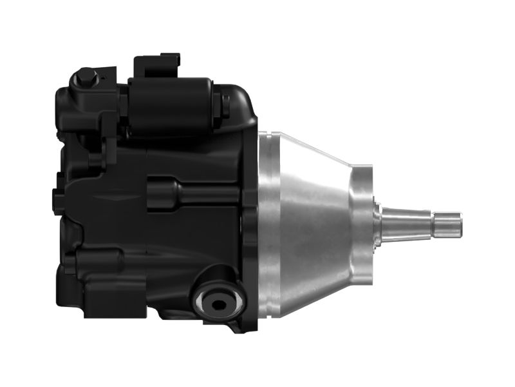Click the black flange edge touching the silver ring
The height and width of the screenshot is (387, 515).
pyautogui.click(x=252, y=226)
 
